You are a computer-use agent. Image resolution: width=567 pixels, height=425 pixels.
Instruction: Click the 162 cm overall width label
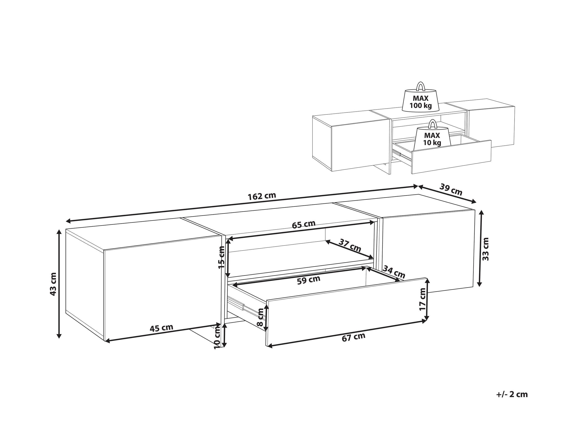point(262,196)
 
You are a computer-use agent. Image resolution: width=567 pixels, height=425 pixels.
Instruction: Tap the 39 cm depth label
point(451,189)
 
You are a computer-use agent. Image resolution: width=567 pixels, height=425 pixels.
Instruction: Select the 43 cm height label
point(53,284)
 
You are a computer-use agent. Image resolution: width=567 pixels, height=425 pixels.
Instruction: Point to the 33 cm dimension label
point(485,249)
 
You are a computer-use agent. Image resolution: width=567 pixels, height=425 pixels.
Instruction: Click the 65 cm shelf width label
point(303,224)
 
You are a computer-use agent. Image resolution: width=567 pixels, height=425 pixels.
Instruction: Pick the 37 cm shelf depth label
point(350,245)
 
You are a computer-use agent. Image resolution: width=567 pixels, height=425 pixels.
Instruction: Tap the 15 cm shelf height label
point(221,257)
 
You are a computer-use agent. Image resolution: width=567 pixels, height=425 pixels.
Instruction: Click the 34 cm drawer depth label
point(394,272)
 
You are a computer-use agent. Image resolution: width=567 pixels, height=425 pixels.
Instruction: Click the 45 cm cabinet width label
point(161,328)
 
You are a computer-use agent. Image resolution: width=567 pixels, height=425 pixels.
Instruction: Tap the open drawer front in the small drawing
point(451,157)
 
